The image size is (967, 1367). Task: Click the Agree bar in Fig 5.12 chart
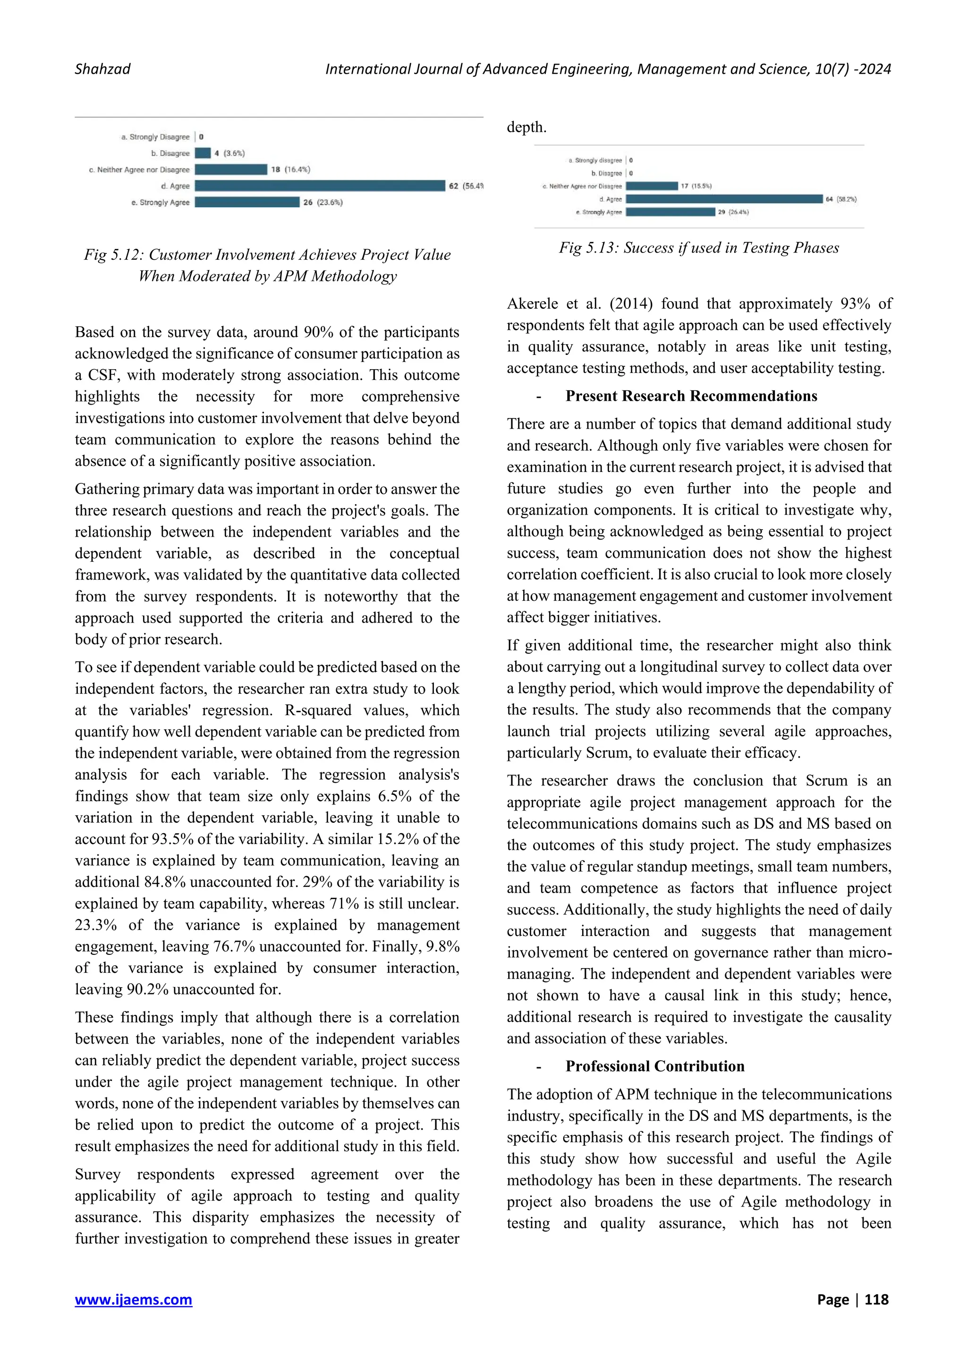coord(320,186)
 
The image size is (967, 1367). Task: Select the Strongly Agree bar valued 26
coord(247,203)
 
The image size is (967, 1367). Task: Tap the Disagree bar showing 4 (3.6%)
coord(203,153)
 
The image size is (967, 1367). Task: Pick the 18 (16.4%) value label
coord(290,169)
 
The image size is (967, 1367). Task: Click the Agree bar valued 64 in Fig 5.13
coord(724,199)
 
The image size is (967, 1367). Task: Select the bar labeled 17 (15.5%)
coord(652,186)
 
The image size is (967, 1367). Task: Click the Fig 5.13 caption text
coord(698,248)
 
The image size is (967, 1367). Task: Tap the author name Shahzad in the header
coord(102,69)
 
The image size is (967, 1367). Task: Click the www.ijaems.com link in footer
coord(133,1299)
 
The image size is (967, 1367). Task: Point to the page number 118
coord(876,1299)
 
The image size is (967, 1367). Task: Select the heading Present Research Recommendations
coord(691,396)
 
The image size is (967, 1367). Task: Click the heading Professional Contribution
coord(654,1066)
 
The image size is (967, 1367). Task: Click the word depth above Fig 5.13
coord(526,127)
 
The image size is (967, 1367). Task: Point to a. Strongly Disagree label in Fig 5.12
coord(155,137)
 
